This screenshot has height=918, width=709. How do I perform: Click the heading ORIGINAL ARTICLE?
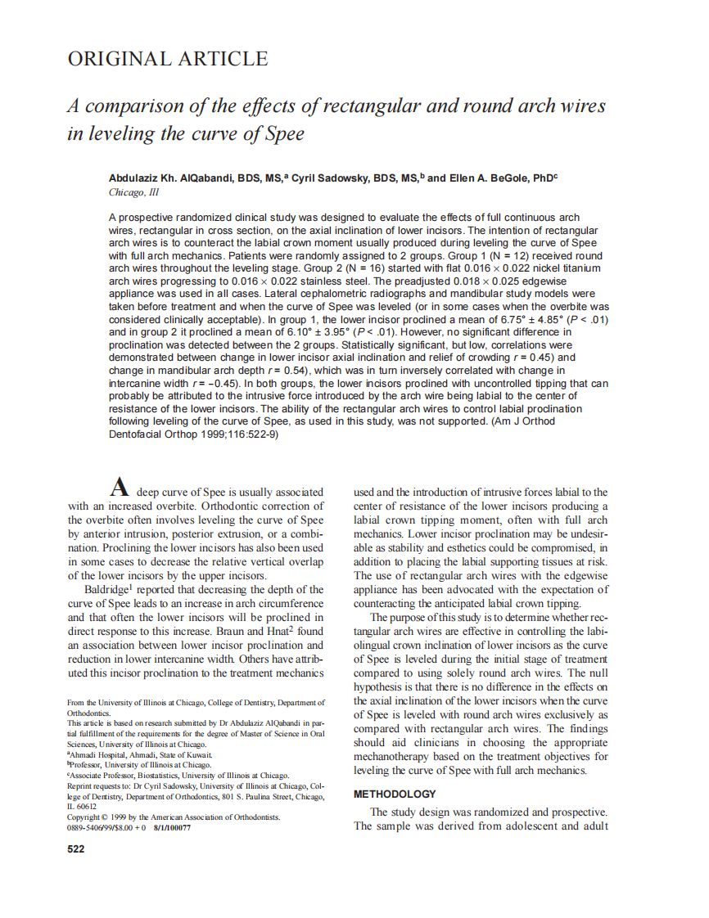coord(167,59)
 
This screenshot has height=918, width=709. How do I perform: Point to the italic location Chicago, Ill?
coord(133,193)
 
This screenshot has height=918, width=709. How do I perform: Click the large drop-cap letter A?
coord(120,489)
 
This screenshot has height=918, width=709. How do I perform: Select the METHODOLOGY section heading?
coord(394,794)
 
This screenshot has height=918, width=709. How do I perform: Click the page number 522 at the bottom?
coord(75,849)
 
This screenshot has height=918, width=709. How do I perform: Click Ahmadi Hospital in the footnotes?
coord(97,755)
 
